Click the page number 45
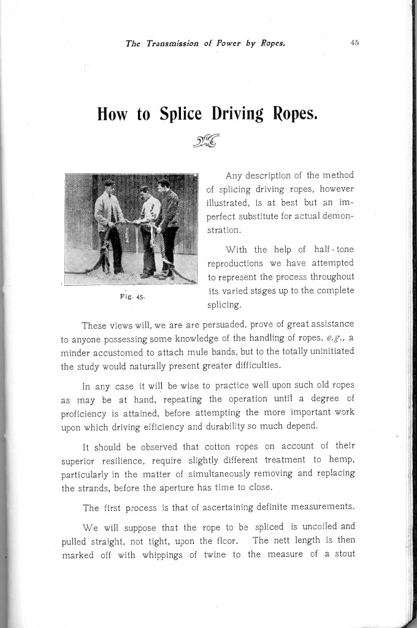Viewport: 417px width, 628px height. click(x=354, y=43)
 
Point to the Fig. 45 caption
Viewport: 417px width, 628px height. click(x=131, y=297)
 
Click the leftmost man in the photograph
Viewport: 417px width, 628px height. click(x=110, y=227)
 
